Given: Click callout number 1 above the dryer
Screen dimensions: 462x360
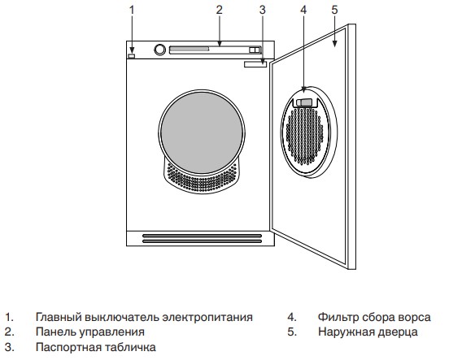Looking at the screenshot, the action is click(132, 11).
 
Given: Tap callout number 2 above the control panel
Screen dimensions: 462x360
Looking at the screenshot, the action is click(219, 11).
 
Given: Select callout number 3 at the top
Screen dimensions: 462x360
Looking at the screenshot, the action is click(262, 11).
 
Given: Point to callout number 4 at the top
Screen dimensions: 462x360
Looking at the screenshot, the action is click(303, 11).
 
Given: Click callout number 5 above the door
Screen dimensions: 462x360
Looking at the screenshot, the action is click(334, 11).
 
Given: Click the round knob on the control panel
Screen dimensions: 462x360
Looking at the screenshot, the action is click(160, 50).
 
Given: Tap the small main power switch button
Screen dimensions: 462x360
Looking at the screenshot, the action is click(132, 56).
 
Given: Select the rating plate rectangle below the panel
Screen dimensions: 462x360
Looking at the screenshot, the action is click(255, 64).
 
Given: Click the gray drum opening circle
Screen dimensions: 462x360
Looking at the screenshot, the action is click(202, 132).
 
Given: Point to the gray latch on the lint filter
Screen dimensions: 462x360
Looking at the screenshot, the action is click(304, 102).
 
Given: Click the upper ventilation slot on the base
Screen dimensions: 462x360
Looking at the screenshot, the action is click(202, 236).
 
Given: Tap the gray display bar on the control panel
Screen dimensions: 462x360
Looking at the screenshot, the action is click(190, 49).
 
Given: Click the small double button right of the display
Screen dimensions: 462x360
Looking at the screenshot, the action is click(255, 50).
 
